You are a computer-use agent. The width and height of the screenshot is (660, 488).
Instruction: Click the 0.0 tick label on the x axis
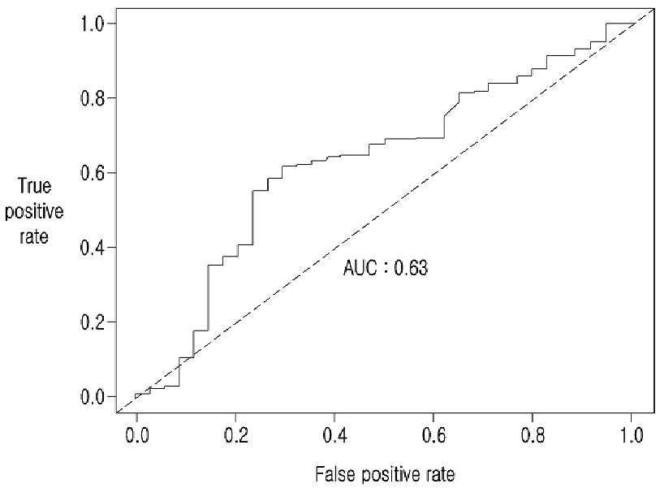click(x=137, y=435)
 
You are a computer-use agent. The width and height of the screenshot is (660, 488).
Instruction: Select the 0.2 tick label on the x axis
click(x=236, y=435)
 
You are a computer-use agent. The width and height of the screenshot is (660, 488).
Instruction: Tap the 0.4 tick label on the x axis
click(x=334, y=435)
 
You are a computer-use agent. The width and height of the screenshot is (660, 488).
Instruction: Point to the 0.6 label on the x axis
click(x=434, y=435)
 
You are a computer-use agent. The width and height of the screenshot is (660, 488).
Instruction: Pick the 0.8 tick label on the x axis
click(x=533, y=435)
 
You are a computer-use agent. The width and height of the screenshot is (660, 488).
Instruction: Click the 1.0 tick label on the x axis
click(x=632, y=435)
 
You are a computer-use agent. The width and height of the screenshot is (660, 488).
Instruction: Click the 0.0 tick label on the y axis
click(x=93, y=396)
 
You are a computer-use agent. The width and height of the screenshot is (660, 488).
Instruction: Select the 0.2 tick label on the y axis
click(x=93, y=322)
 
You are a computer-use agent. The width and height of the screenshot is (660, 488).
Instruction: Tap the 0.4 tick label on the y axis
click(x=93, y=247)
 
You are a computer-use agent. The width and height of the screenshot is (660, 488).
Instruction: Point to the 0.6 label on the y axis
click(x=93, y=173)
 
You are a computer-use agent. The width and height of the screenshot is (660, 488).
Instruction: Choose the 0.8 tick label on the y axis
click(x=93, y=98)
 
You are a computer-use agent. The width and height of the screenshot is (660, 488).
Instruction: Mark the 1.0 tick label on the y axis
click(x=93, y=24)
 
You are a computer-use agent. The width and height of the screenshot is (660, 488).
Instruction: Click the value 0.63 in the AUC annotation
click(x=411, y=268)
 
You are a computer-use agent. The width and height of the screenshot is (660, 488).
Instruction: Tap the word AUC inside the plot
click(x=360, y=268)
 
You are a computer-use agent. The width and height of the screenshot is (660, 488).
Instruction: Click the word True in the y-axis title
click(x=35, y=186)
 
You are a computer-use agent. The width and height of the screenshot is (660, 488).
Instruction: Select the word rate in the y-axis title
click(x=33, y=236)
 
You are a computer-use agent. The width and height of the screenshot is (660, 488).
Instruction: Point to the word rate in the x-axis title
click(x=440, y=474)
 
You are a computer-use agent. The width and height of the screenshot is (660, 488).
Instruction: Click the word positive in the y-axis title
click(x=34, y=212)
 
